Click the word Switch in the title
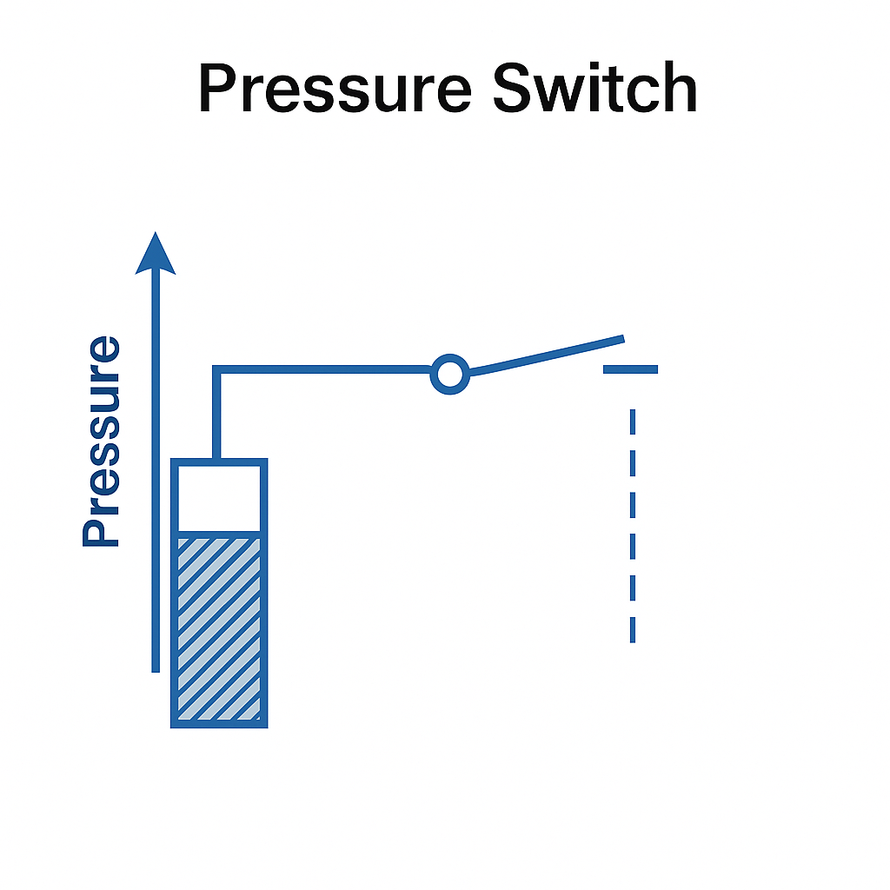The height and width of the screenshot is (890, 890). (594, 89)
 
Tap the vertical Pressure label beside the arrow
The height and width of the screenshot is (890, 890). (101, 442)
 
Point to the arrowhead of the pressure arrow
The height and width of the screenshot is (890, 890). (156, 254)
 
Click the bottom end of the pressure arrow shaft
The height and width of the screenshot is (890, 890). (156, 667)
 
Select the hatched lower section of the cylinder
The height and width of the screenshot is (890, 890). (219, 628)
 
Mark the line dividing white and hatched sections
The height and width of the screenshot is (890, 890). (219, 533)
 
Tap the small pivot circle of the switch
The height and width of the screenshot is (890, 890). (449, 375)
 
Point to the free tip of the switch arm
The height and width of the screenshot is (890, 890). (621, 338)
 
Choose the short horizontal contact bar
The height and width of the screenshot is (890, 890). (631, 369)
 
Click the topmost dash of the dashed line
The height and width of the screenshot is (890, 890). (633, 421)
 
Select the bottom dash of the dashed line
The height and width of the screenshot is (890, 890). (633, 629)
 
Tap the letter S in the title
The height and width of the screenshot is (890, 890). (520, 89)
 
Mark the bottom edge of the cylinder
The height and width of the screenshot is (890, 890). (219, 723)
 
